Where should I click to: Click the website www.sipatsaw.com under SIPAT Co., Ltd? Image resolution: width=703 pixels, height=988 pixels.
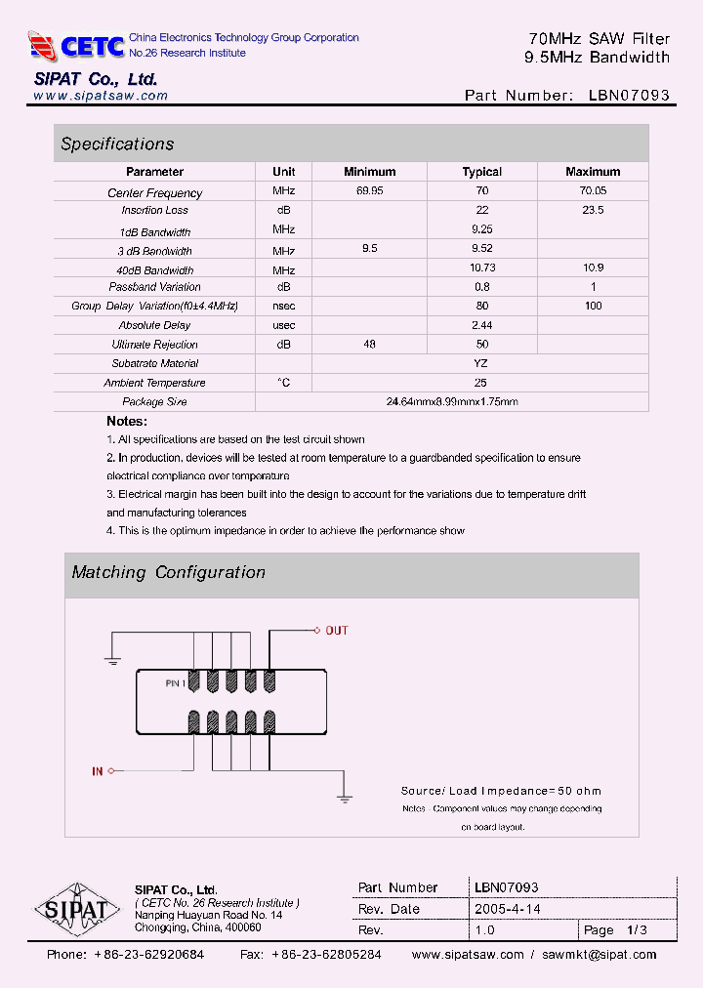(x=101, y=96)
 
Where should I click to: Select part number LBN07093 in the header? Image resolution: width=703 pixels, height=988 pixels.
(x=630, y=96)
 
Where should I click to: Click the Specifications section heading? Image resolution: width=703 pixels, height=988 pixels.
(x=117, y=144)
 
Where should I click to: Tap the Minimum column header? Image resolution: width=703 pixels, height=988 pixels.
(x=369, y=172)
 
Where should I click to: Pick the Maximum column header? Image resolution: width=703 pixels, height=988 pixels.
(x=593, y=172)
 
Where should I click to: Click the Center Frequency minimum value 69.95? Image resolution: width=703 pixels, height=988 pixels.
(x=369, y=192)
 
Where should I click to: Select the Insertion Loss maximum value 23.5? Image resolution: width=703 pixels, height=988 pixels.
(x=593, y=210)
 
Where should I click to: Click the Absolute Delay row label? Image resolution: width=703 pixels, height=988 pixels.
(x=154, y=325)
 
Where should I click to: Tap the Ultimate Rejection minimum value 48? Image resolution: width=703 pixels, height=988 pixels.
(x=369, y=345)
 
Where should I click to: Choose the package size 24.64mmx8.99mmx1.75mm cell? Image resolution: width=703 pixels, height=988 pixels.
(x=451, y=401)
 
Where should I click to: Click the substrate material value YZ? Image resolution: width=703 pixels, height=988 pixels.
(x=480, y=363)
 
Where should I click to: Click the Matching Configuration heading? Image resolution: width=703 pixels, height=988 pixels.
(x=168, y=572)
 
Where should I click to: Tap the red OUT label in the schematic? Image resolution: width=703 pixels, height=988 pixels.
(x=336, y=631)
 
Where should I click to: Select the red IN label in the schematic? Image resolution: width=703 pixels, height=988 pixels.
(x=98, y=771)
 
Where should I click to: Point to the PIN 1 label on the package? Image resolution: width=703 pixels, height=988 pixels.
(x=175, y=684)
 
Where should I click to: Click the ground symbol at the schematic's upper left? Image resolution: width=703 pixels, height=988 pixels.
(x=112, y=661)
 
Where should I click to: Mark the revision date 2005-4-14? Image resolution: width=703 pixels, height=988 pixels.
(x=507, y=909)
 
